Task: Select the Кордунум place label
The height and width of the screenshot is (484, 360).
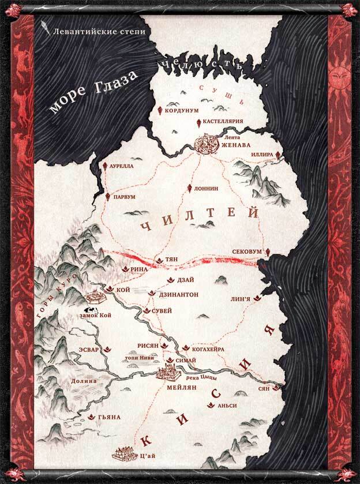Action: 182,110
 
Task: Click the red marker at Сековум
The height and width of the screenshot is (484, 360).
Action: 268,252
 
